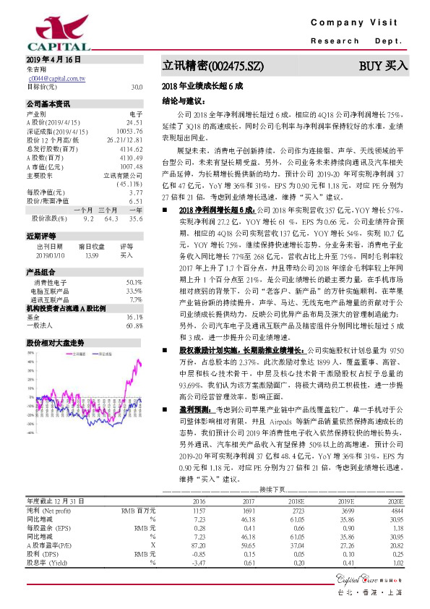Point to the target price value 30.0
click(x=137, y=87)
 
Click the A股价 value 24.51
click(x=134, y=123)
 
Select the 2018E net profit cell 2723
click(x=295, y=490)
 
